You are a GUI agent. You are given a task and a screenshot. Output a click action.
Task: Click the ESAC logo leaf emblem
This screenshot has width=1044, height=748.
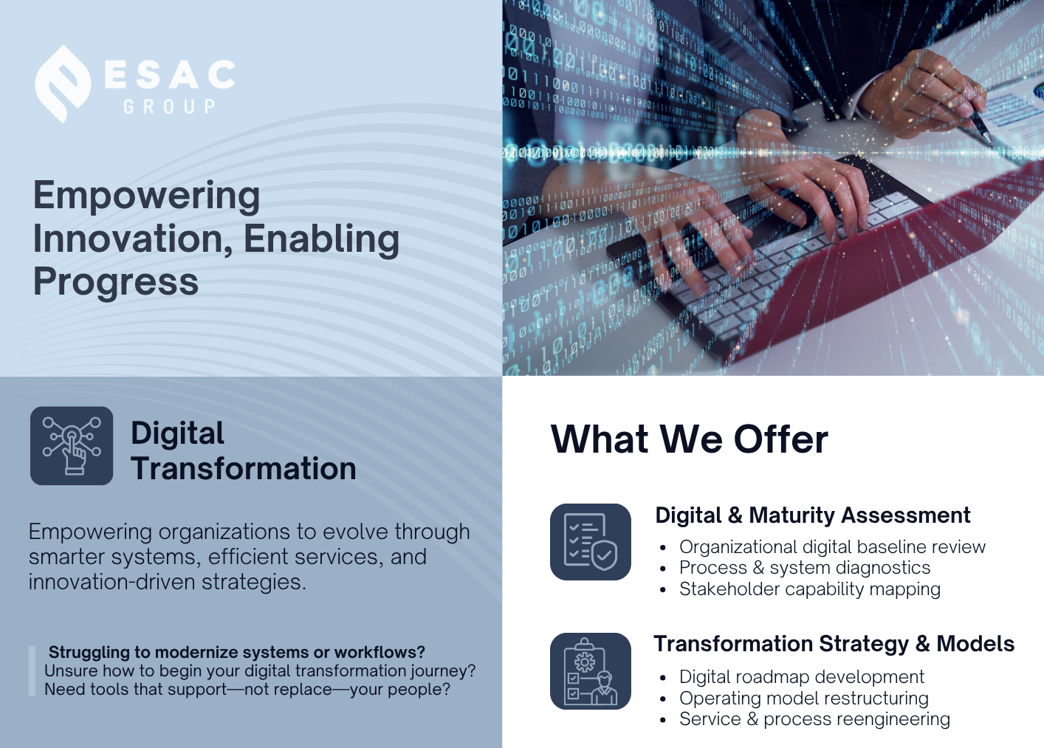coord(63,84)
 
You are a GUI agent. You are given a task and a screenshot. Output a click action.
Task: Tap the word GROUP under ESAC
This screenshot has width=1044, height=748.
coord(169,107)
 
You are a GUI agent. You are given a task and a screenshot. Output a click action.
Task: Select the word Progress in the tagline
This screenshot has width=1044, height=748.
coord(116,282)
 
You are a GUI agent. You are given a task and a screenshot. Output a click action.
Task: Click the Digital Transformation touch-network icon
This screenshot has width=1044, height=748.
coord(72,446)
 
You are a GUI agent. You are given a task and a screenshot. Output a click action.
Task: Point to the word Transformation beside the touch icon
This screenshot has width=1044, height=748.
coord(244,468)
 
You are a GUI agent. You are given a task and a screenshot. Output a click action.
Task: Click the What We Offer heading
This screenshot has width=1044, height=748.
coord(690,439)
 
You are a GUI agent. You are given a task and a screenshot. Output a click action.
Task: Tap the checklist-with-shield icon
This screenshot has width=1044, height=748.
coord(591,542)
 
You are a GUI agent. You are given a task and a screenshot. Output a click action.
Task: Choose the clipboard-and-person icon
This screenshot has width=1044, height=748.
coord(591,671)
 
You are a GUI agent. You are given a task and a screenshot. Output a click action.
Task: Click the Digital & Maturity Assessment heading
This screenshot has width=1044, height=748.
coord(813,515)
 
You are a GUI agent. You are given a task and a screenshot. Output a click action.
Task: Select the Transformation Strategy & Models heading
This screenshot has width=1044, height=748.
coord(834,644)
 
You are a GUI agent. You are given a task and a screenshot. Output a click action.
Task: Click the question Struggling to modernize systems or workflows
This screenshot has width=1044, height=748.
coord(237,653)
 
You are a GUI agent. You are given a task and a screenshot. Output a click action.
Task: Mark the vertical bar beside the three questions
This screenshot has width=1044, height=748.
coord(32,671)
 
